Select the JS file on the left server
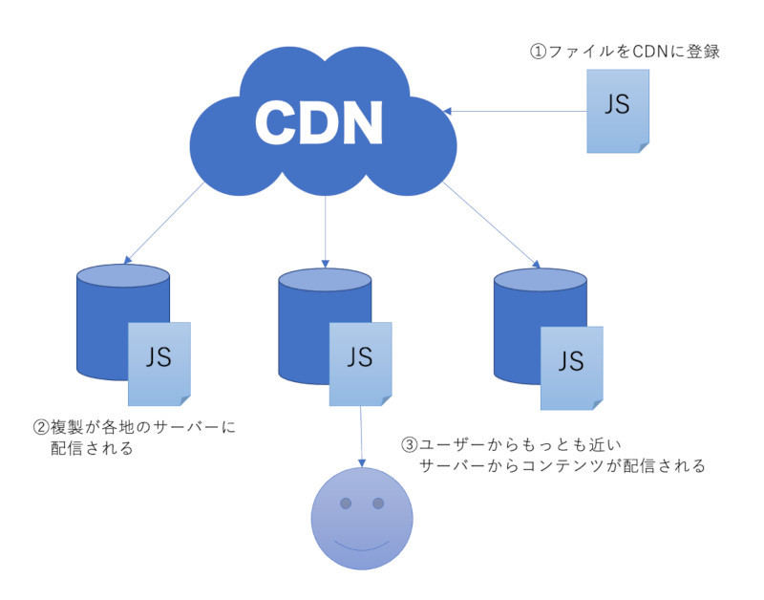pos(159,360)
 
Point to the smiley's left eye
pos(346,503)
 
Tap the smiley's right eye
pos(378,503)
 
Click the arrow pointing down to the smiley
pos(361,435)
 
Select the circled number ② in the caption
pos(41,428)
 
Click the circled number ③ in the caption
pos(409,445)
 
